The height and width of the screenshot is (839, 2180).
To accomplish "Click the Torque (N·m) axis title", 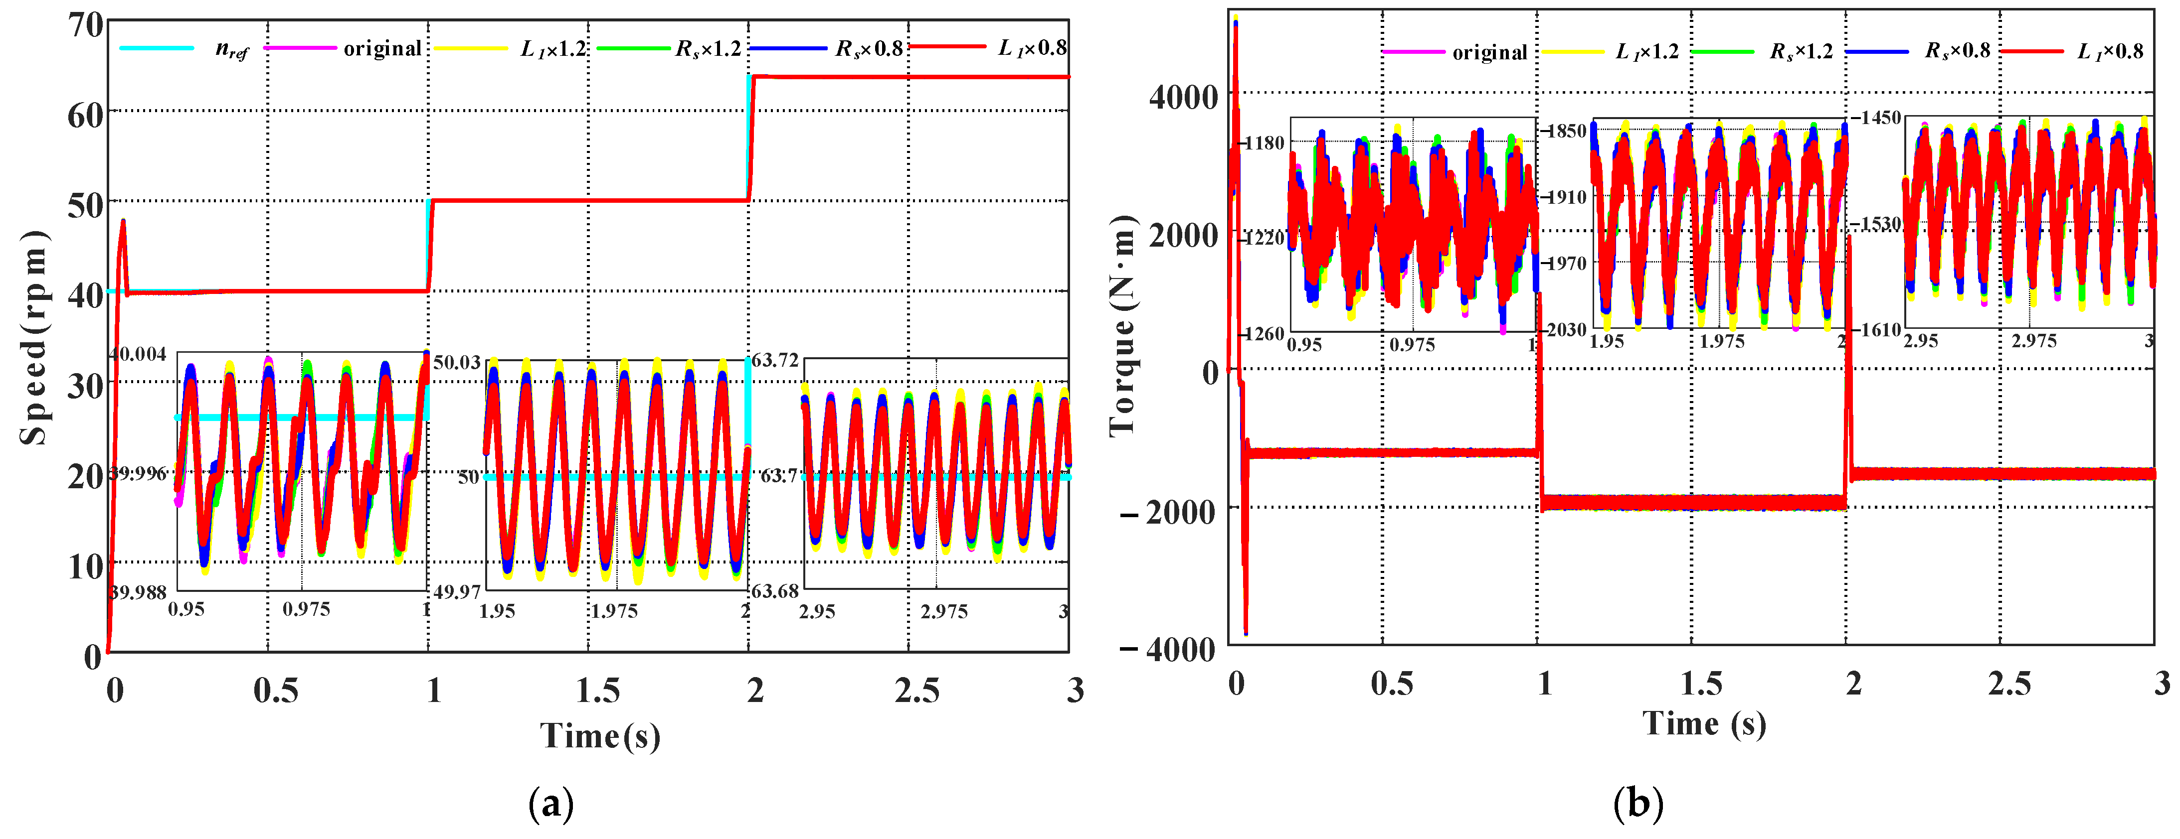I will tap(1122, 326).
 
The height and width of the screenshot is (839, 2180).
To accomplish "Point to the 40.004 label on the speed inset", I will tap(138, 354).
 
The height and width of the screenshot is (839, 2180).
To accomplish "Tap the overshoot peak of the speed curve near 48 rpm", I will tap(124, 222).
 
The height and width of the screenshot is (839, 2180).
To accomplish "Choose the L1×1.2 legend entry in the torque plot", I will tap(1646, 52).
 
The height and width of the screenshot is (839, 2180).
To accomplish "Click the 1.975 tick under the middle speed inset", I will tap(613, 611).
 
